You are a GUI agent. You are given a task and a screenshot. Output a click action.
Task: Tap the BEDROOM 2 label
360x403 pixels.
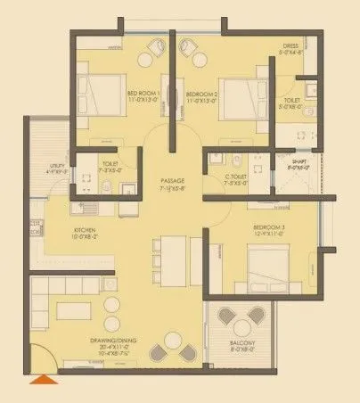(x=203, y=94)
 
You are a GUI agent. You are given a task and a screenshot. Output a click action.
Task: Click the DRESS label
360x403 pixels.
(x=290, y=45)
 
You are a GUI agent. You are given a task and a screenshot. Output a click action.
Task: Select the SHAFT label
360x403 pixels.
(x=298, y=162)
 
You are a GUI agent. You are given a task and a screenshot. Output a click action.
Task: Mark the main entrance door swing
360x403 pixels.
(x=43, y=358)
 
